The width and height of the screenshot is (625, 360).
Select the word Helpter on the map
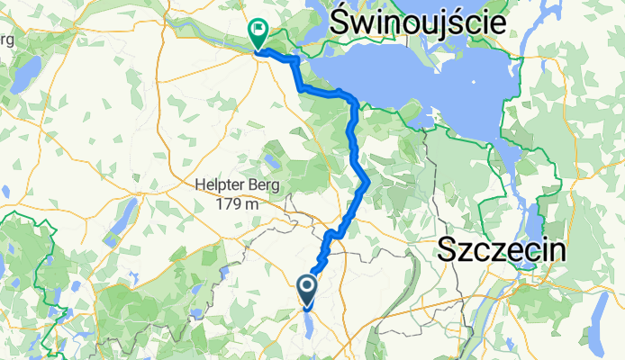coord(220,185)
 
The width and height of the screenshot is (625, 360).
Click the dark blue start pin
coord(306,289)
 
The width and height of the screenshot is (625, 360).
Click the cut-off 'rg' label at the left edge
coord(7,40)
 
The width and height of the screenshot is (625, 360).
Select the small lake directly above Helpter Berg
coord(270,163)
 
